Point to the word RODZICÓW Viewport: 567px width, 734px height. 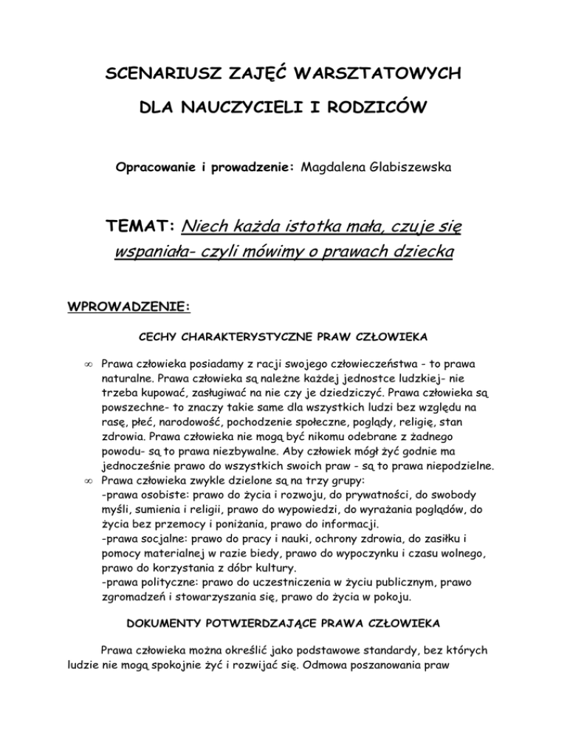[x=379, y=109]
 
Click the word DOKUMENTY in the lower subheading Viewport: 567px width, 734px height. [x=176, y=645]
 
